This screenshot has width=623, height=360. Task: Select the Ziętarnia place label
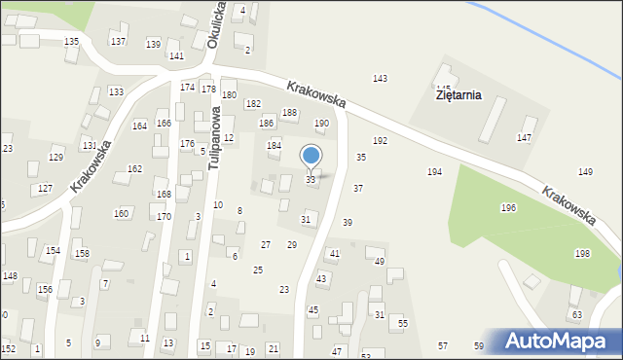tap(459, 96)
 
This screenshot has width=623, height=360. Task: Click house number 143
tap(380, 78)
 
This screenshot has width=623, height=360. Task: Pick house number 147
tap(524, 137)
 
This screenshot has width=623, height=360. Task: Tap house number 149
tap(585, 172)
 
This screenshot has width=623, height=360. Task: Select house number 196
tap(508, 208)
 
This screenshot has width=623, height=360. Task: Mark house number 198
tap(582, 253)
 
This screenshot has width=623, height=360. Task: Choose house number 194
tap(434, 172)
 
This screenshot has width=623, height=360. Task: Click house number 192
tap(380, 141)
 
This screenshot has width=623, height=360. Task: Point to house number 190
tap(321, 124)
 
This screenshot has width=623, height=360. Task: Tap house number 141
tap(176, 56)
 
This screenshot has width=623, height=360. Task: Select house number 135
tap(71, 42)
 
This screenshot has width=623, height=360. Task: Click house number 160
tap(121, 213)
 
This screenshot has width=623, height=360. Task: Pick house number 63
tap(576, 315)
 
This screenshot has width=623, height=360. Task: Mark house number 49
tap(380, 262)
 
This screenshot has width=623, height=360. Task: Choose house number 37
tap(358, 188)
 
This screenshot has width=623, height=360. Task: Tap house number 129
tap(55, 158)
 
